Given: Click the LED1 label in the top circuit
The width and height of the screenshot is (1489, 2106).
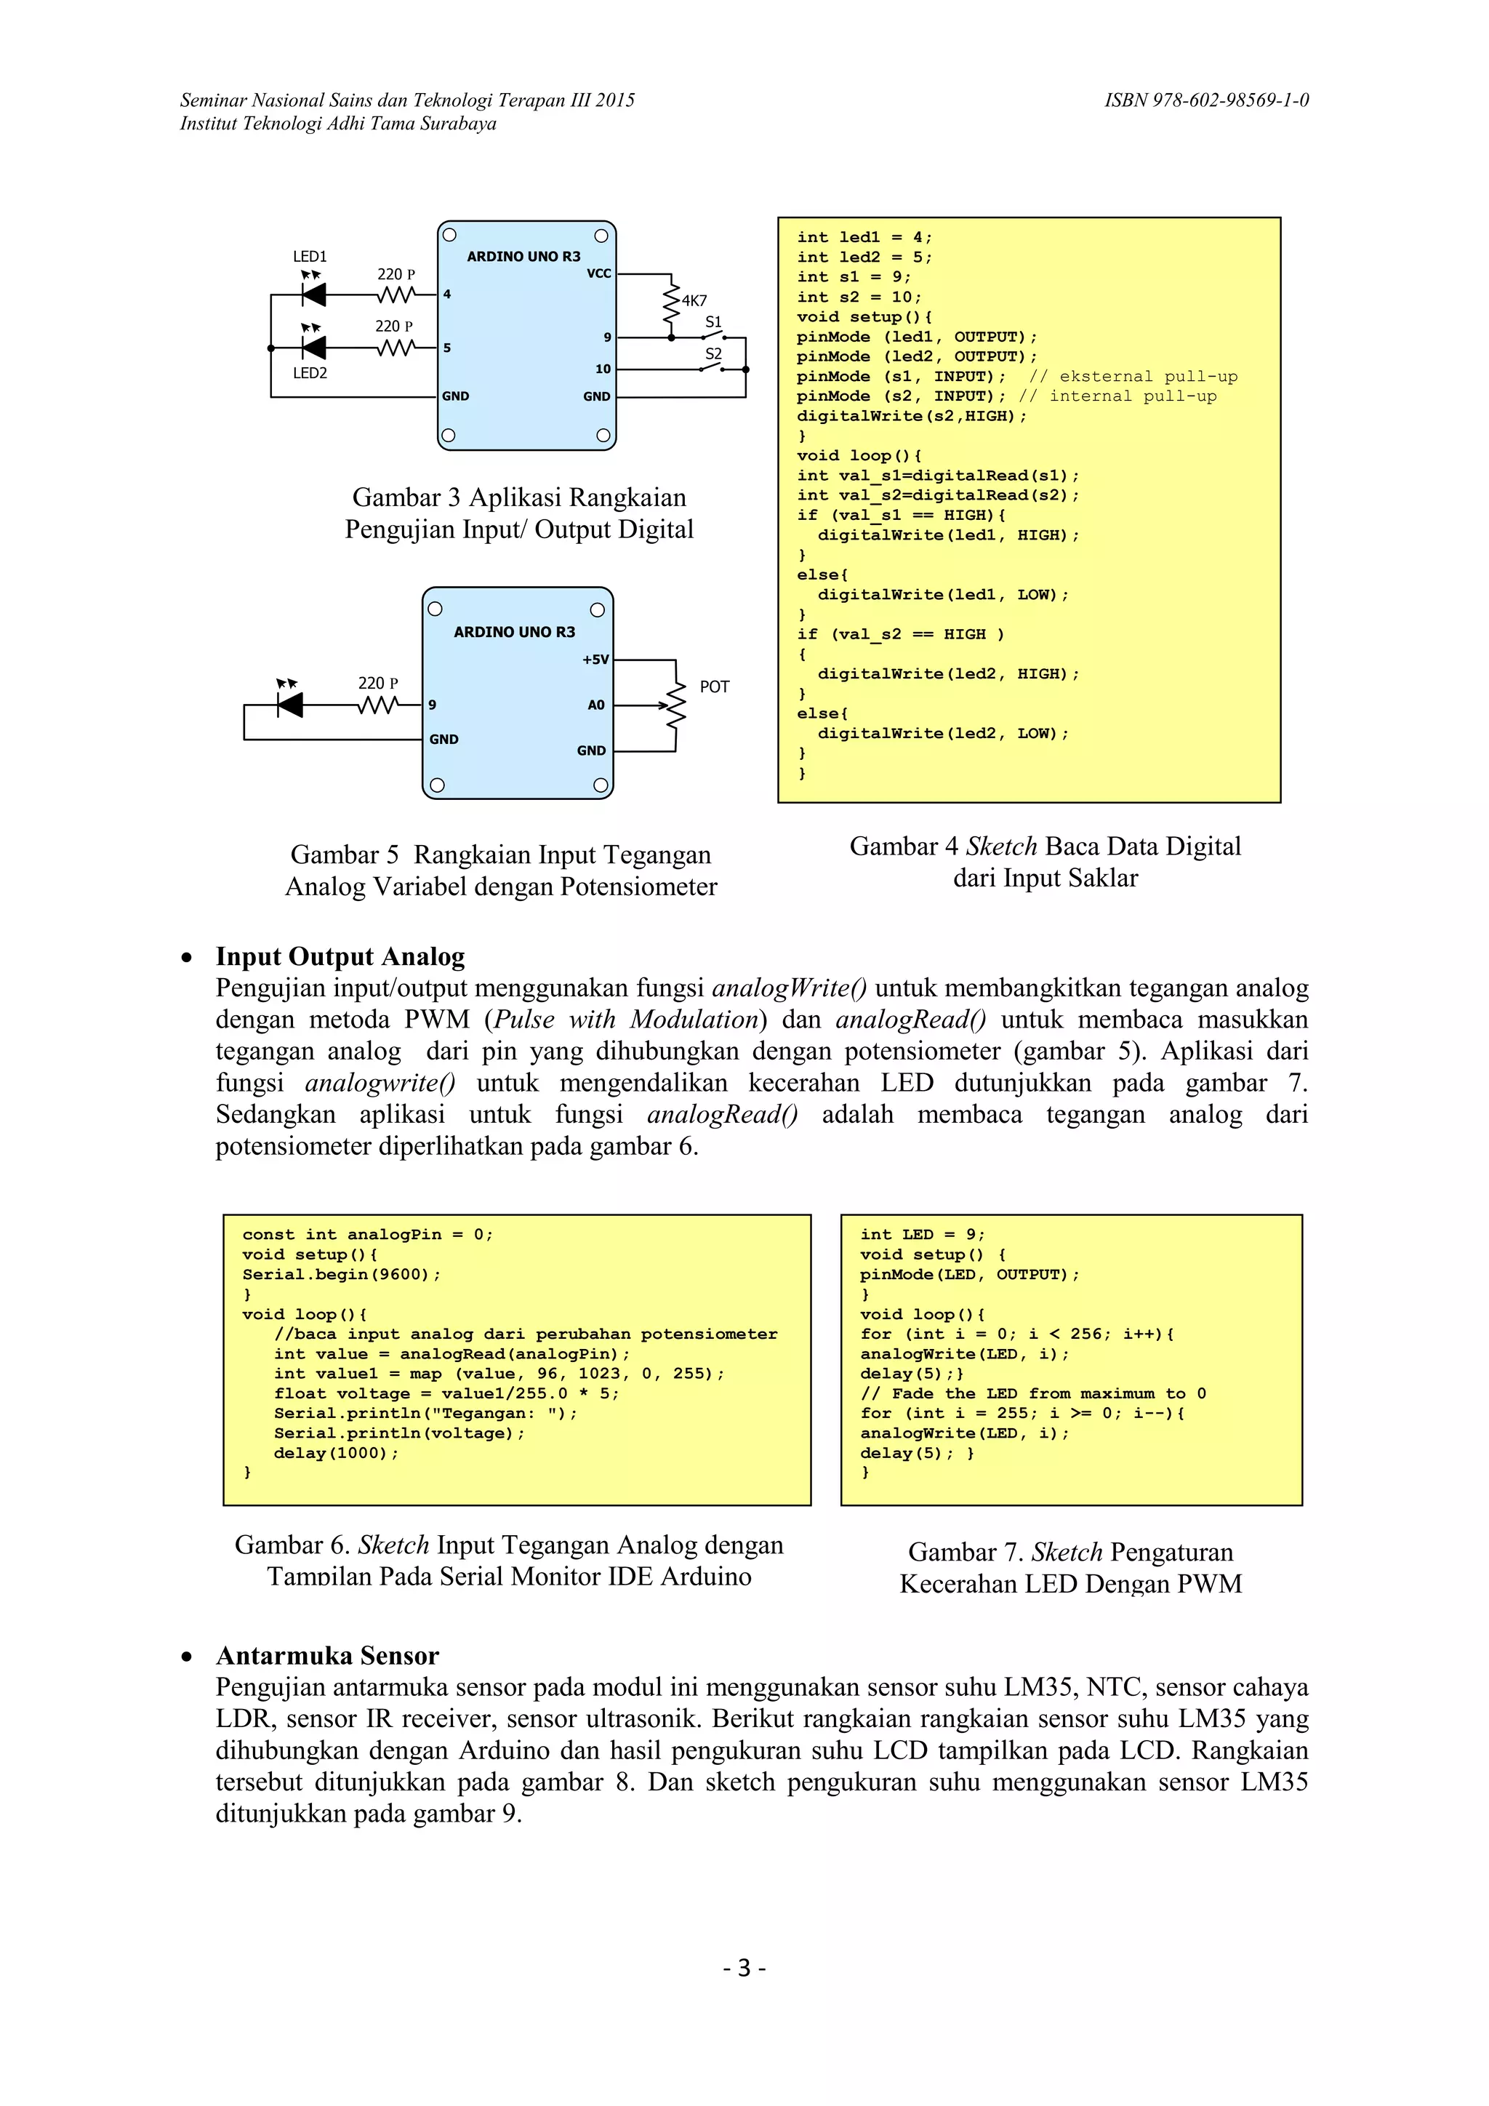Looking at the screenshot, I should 310,257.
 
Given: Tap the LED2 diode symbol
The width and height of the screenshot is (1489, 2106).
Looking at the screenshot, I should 313,348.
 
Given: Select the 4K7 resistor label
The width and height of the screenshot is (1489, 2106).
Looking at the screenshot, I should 694,301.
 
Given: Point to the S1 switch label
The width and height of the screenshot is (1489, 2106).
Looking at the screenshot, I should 713,322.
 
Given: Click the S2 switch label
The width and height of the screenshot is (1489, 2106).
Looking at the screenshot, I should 713,354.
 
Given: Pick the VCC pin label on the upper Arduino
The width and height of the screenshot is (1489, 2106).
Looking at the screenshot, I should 598,273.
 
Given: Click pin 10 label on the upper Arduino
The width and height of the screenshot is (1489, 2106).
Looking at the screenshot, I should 603,369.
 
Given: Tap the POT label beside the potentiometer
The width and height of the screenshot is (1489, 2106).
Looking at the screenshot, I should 714,687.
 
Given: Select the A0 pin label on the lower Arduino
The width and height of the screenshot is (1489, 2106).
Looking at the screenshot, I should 596,705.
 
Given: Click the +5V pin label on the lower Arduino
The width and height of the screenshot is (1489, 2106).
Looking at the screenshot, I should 595,660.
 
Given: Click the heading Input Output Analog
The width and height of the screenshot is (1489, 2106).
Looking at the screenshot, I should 340,957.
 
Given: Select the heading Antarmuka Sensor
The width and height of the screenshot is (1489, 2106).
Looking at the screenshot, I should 327,1656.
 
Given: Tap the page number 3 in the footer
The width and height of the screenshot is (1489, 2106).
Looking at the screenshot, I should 744,1968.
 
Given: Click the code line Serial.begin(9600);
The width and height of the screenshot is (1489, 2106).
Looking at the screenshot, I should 341,1274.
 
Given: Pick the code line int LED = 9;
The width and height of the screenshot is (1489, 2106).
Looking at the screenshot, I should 921,1235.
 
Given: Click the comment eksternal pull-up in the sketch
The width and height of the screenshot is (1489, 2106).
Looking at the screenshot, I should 1133,377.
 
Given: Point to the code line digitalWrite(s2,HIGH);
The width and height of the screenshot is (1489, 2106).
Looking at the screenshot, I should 912,417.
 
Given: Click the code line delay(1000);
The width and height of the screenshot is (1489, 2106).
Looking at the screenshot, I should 336,1453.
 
